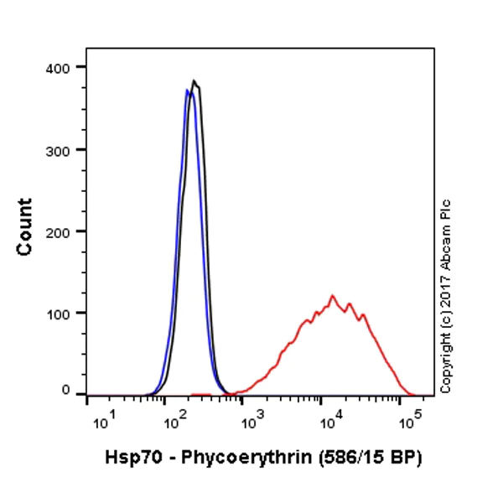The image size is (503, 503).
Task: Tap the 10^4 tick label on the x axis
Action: (x=329, y=417)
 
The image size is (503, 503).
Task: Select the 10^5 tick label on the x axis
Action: (x=409, y=417)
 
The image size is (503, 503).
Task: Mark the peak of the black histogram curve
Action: (x=194, y=81)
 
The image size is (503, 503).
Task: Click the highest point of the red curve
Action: (x=333, y=295)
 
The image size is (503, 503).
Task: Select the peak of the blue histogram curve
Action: (x=188, y=90)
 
